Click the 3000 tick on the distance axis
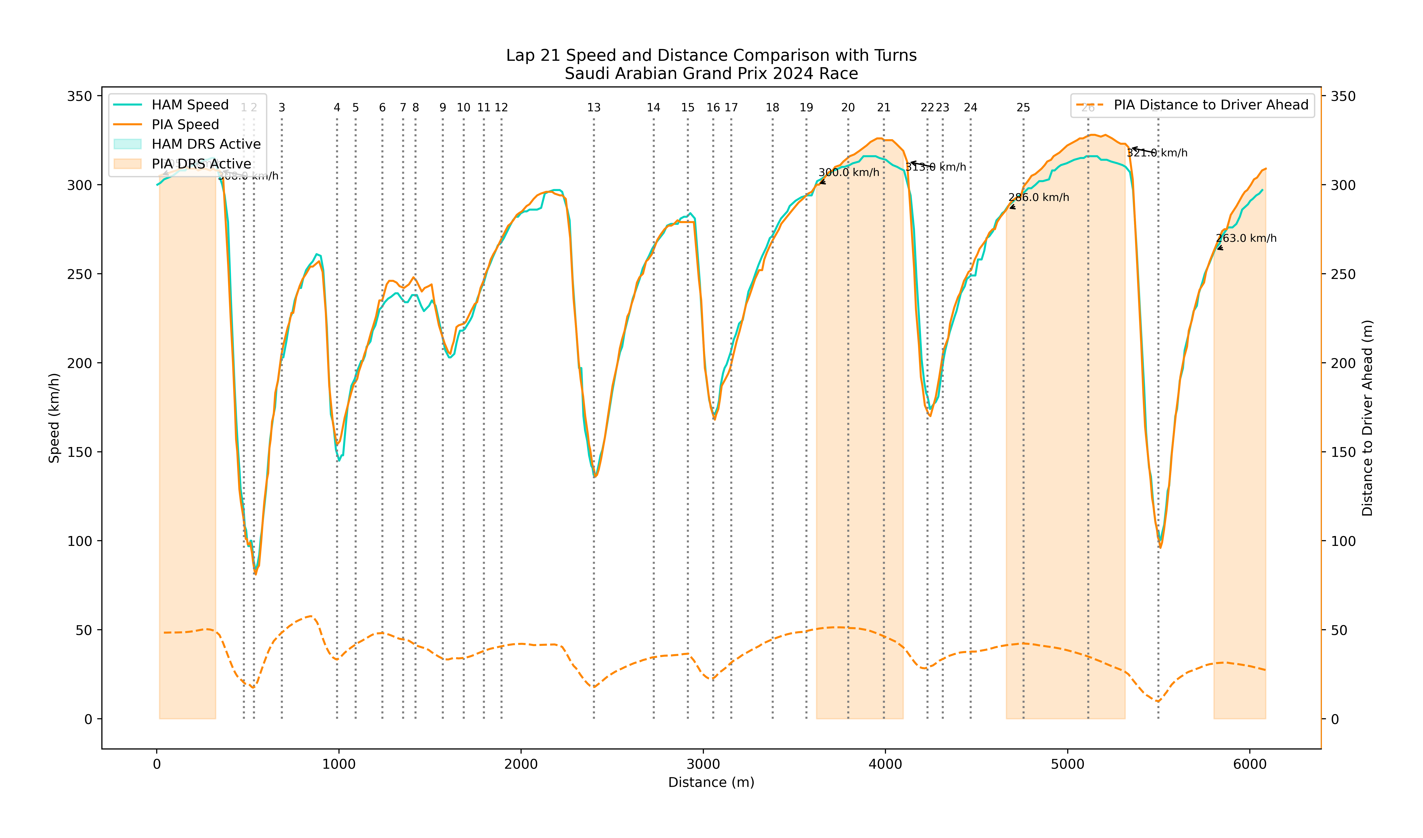[x=703, y=765]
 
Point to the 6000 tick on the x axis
[x=1250, y=765]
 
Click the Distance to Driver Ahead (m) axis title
[x=1367, y=418]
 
